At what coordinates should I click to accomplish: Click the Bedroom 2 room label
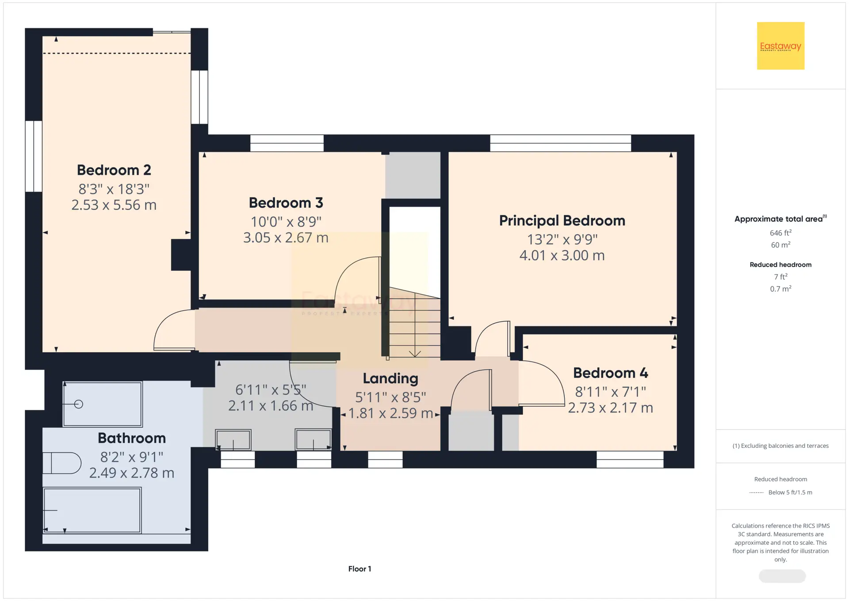114,170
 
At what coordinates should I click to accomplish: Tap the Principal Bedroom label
562,220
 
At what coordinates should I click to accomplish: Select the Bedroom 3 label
286,203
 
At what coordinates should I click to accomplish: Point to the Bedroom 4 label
611,373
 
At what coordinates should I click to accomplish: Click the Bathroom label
132,438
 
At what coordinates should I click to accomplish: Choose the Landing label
390,378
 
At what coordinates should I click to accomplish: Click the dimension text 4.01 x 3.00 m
562,255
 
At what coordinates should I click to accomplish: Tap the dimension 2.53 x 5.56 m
114,205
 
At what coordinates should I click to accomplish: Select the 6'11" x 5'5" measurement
271,390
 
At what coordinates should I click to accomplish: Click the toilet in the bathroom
62,463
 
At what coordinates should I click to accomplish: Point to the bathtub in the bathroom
92,510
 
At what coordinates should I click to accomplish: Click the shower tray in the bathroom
103,404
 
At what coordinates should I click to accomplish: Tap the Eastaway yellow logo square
780,46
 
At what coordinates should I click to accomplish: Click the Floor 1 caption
359,569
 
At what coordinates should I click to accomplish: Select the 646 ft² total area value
780,233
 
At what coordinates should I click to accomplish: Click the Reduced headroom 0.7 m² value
780,289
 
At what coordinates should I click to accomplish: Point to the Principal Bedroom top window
561,143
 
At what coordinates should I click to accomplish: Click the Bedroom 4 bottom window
630,459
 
